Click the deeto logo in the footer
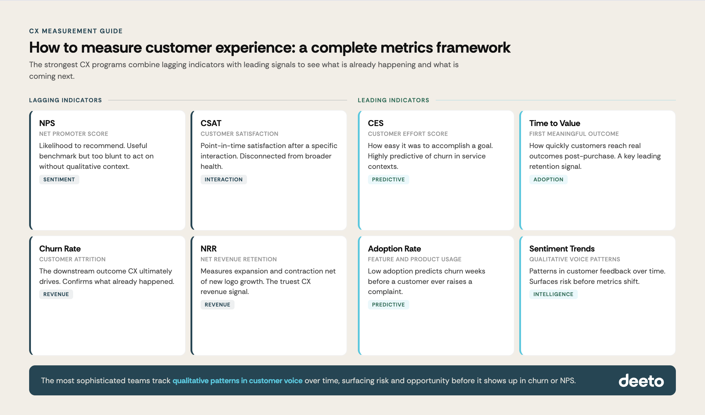[641, 381]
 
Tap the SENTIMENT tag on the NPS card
[59, 180]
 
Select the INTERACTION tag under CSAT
[224, 180]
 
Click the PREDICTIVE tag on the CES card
[388, 180]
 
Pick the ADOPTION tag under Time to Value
[548, 180]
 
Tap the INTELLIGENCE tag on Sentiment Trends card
[553, 294]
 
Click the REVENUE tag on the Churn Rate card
[56, 294]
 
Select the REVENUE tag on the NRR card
[217, 305]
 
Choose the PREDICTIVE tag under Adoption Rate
[388, 305]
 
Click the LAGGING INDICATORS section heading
[65, 100]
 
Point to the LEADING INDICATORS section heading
[393, 100]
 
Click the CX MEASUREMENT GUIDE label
[76, 31]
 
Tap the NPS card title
[47, 123]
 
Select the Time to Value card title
[554, 123]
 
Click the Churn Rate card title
[60, 249]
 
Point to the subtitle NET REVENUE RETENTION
[238, 259]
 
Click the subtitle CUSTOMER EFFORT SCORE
[407, 134]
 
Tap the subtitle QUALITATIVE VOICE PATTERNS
[575, 259]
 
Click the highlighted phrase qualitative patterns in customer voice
[237, 381]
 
